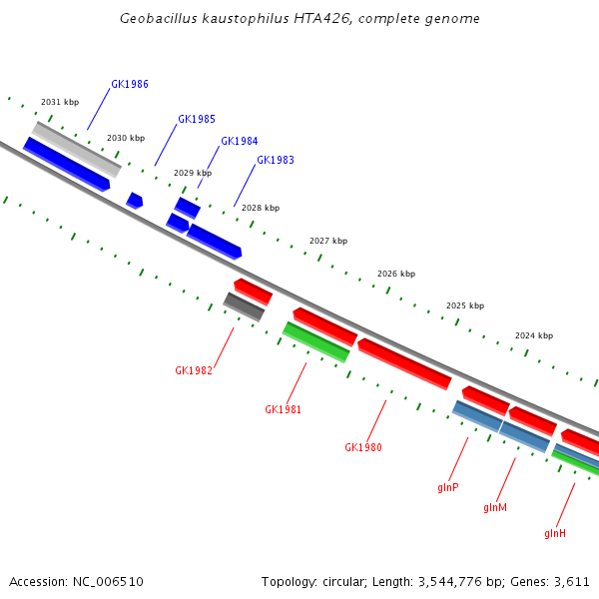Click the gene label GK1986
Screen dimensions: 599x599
[x=130, y=84]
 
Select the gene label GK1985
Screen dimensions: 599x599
[x=197, y=119]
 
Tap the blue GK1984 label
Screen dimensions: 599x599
[x=240, y=141]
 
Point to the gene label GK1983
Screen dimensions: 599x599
[x=276, y=160]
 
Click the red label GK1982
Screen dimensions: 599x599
[x=194, y=370]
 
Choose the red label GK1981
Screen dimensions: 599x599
[x=283, y=409]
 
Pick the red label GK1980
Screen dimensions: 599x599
[x=363, y=447]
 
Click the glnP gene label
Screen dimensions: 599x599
[x=447, y=487]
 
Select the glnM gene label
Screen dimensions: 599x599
[x=495, y=507]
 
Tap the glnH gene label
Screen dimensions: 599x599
[x=555, y=533]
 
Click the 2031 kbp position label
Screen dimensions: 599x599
[x=60, y=102]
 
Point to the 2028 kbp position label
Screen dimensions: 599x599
[x=261, y=208]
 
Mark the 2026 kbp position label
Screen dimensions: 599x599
[x=396, y=274]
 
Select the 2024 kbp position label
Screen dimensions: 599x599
[x=534, y=336]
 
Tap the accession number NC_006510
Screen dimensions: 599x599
[x=107, y=581]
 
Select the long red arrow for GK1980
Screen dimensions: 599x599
[x=404, y=364]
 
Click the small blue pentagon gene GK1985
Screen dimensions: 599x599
[x=135, y=201]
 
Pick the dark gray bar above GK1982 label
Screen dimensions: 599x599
[x=245, y=306]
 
